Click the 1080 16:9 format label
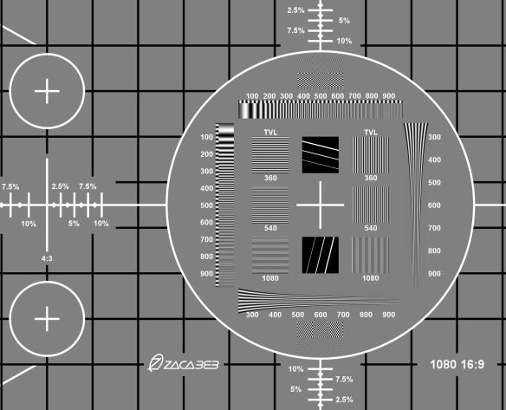click(457, 364)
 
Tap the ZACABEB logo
click(184, 363)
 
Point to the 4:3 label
click(47, 258)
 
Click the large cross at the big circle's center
click(320, 205)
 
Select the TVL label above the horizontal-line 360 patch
click(270, 133)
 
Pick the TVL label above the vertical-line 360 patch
click(371, 133)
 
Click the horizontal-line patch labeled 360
click(270, 155)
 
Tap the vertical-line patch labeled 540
click(371, 205)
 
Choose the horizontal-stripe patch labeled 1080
click(270, 255)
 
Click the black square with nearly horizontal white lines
click(320, 155)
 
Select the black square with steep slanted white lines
click(320, 255)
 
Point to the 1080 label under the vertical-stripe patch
click(371, 278)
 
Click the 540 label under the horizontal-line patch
click(270, 228)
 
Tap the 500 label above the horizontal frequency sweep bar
click(321, 96)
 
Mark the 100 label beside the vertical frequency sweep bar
click(206, 137)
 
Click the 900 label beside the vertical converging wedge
click(434, 274)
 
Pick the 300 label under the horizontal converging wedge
click(252, 315)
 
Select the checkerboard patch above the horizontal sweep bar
click(320, 73)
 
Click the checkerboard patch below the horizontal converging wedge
click(320, 337)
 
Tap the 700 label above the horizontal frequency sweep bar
click(354, 96)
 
